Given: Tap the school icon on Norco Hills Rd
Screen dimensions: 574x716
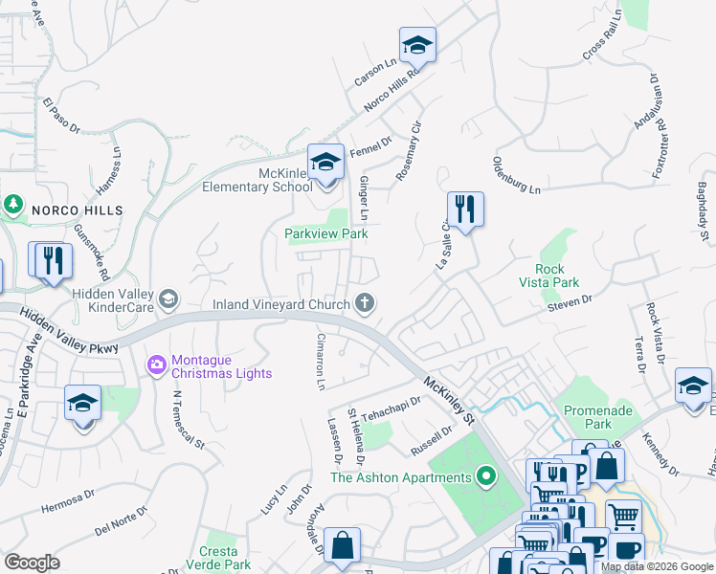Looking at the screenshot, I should click(417, 45).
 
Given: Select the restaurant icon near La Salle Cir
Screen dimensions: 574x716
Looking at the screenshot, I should click(465, 210).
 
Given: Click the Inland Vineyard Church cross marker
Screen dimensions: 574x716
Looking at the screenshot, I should click(364, 303).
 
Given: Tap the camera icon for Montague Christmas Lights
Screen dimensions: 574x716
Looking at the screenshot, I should click(156, 364).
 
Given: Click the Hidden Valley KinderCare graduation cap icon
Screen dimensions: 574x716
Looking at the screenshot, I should click(168, 300).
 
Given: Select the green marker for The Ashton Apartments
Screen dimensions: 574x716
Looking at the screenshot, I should click(486, 475).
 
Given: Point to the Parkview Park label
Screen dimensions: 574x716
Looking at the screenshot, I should click(326, 233).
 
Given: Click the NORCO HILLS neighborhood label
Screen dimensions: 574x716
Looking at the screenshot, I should click(78, 210).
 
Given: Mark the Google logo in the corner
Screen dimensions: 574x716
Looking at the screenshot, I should click(32, 563).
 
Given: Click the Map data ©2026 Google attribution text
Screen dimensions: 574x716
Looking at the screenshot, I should click(657, 566).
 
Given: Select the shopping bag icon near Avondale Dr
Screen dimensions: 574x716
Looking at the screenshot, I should click(342, 546).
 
